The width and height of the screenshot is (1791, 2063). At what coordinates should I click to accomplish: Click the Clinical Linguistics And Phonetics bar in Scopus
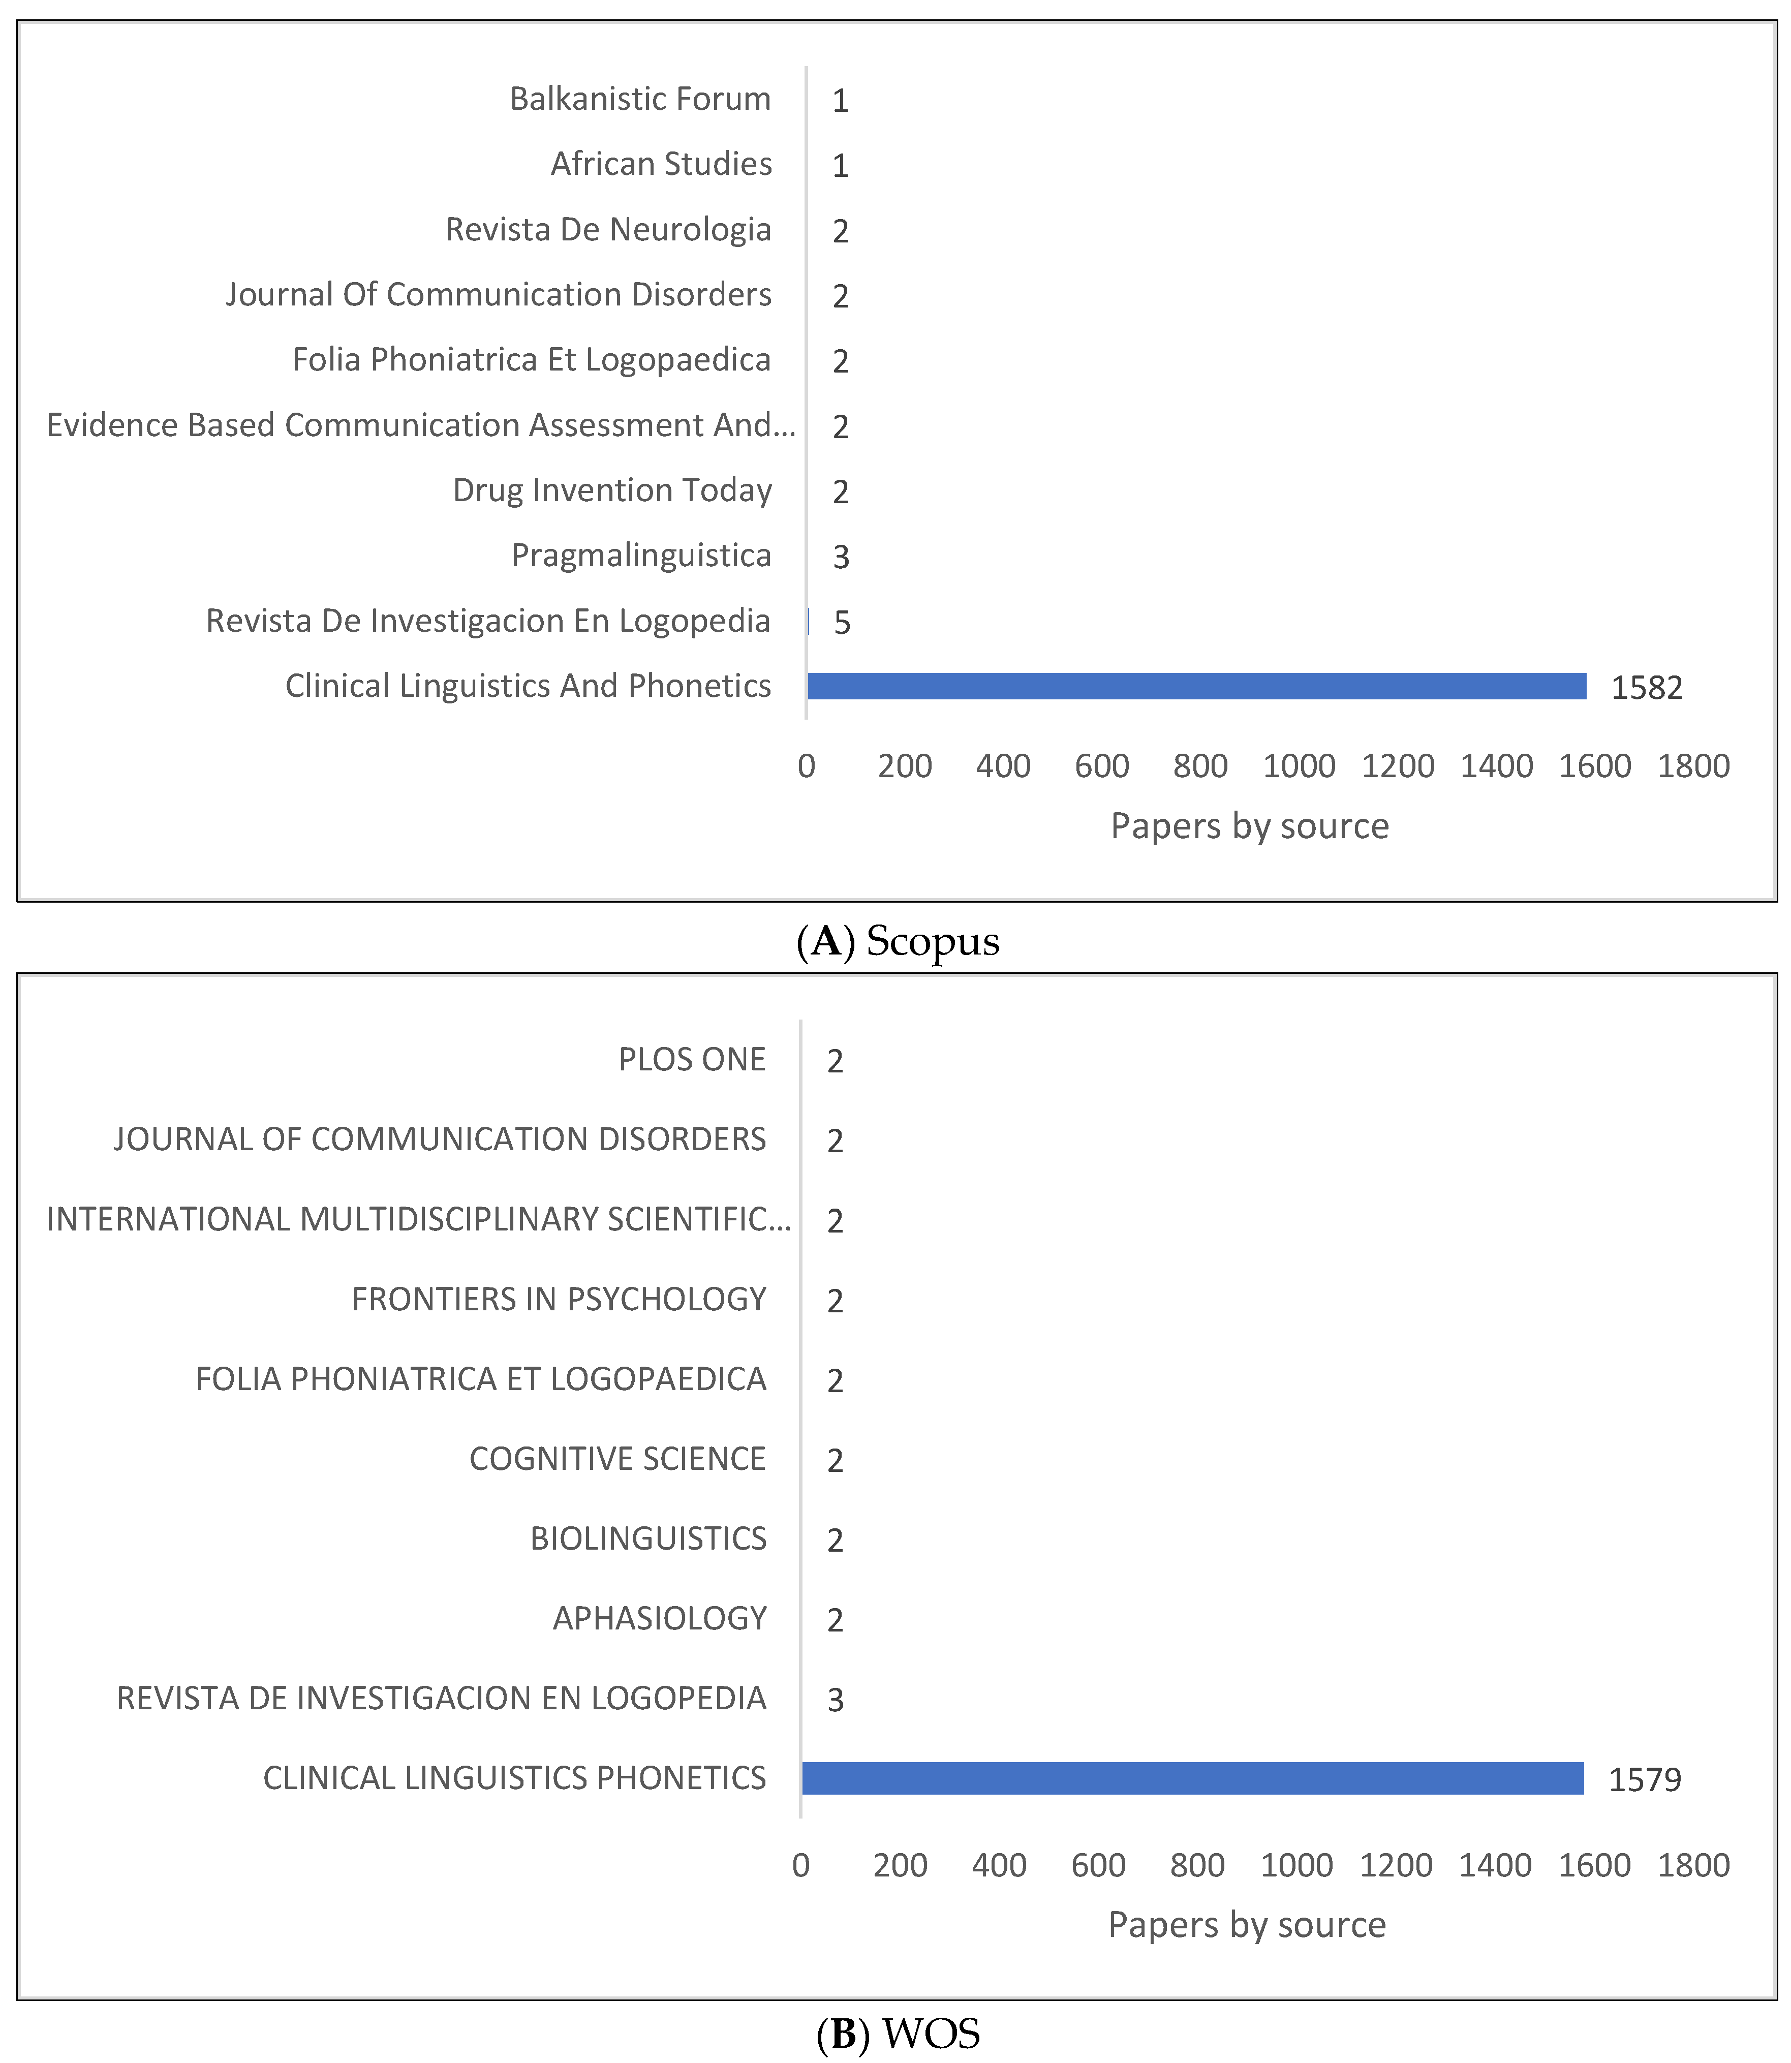point(1196,686)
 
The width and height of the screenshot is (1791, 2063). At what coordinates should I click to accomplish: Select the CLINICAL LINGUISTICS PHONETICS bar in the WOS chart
point(1192,1778)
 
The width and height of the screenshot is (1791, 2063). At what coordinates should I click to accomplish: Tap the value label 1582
point(1646,688)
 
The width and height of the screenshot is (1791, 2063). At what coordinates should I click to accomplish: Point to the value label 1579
point(1644,1779)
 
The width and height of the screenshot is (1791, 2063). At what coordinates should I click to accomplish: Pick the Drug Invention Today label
point(612,490)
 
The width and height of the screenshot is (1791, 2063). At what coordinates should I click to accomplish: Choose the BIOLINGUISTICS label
point(647,1538)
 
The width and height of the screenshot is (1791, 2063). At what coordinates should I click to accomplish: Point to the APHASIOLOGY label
point(660,1618)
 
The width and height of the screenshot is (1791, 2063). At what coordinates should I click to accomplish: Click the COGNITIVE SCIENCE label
point(616,1458)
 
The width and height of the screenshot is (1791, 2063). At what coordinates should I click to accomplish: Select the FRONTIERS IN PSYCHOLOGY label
point(559,1299)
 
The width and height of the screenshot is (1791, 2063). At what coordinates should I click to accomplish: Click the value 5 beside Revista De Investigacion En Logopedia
point(842,623)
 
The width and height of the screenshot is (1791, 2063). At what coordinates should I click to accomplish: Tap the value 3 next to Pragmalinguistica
point(841,557)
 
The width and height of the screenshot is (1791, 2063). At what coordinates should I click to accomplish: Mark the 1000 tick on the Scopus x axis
point(1299,765)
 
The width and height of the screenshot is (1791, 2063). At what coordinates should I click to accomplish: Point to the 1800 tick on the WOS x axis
point(1693,1865)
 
